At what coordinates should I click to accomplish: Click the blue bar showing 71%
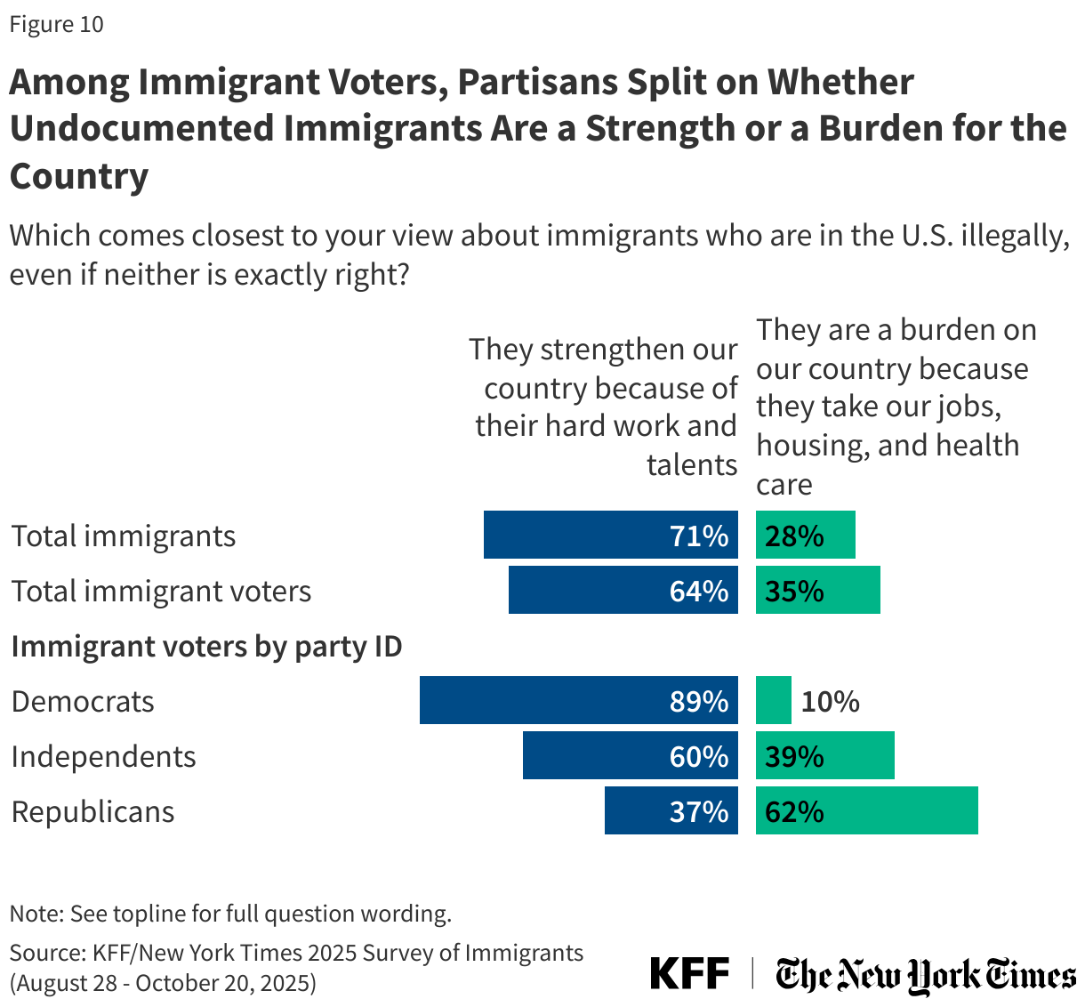pos(610,535)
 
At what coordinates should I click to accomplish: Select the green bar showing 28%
pos(805,535)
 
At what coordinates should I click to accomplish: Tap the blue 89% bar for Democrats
pos(578,700)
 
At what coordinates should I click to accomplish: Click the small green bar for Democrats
pos(773,700)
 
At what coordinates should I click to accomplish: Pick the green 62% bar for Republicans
pos(866,810)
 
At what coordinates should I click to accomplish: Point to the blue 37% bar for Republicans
pos(671,810)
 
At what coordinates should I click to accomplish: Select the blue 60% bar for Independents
pos(630,755)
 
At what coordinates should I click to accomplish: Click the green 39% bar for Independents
pos(824,755)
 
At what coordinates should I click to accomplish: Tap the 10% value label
pos(830,702)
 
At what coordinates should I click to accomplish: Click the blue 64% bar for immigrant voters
pos(623,590)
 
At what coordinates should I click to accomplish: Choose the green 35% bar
pos(817,590)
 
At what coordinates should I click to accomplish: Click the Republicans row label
pos(92,811)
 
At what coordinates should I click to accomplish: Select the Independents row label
pos(103,756)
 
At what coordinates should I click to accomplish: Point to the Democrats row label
pos(83,701)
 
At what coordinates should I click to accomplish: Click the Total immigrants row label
pos(124,536)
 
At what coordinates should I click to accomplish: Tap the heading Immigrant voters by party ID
pos(206,646)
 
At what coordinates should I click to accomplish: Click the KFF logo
pos(689,973)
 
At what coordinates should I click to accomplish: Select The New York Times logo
pos(925,975)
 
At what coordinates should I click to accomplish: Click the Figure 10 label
pos(57,24)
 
